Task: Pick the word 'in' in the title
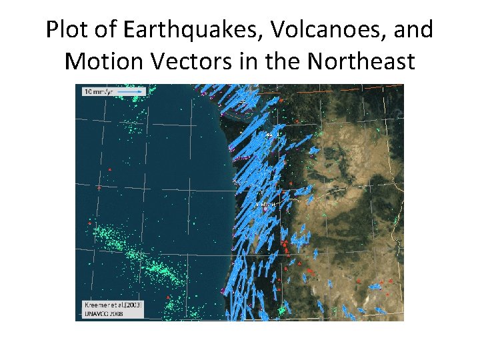pos(261,62)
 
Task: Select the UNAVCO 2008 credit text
pos(101,313)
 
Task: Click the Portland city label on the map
pos(266,204)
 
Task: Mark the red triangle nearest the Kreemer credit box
pos(168,297)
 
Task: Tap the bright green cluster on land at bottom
pos(282,310)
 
